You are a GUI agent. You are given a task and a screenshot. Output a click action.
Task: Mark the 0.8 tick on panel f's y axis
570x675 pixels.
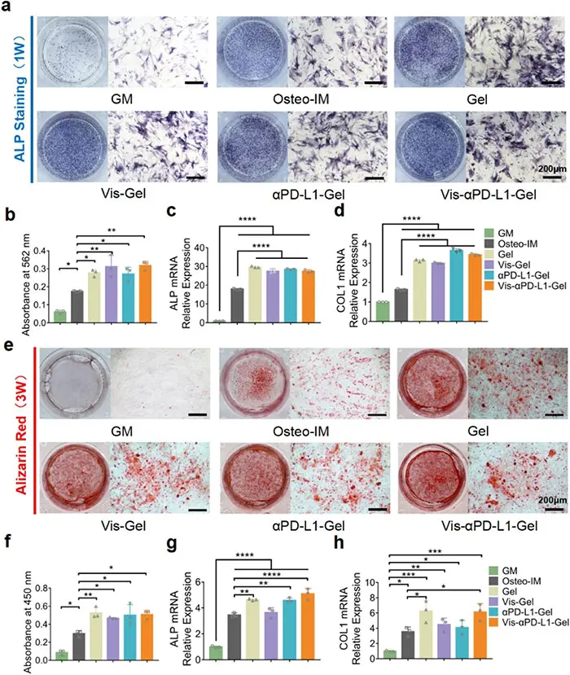click(37, 583)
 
